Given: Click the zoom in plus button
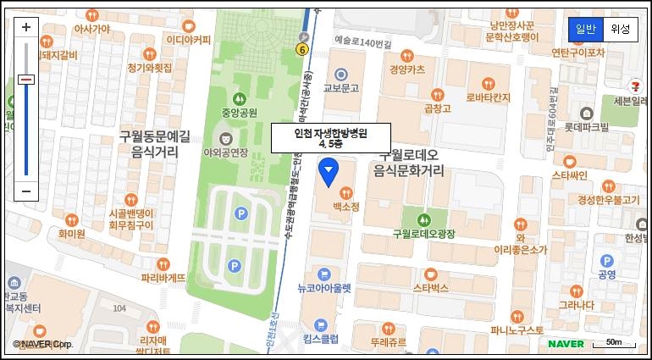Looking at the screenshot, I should (25, 27).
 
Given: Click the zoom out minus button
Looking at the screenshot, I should (25, 191).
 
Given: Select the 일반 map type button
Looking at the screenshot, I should (585, 29).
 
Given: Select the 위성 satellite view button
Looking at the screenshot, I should (619, 29).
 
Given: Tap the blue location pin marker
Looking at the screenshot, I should (329, 173).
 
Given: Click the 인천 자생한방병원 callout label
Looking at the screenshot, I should (329, 137).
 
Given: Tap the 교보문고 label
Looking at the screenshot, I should (342, 87).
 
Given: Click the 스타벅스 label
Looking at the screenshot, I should (430, 288).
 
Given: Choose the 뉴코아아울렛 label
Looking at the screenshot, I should (323, 288).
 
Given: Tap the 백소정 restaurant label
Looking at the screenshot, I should (345, 206).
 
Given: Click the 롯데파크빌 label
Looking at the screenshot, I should (587, 127).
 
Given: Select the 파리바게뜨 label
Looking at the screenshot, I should (163, 277).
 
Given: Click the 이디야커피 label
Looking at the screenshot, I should (188, 40).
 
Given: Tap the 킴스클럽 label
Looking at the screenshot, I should (322, 339).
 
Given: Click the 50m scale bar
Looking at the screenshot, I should (613, 343).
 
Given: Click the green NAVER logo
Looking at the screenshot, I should (566, 343).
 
